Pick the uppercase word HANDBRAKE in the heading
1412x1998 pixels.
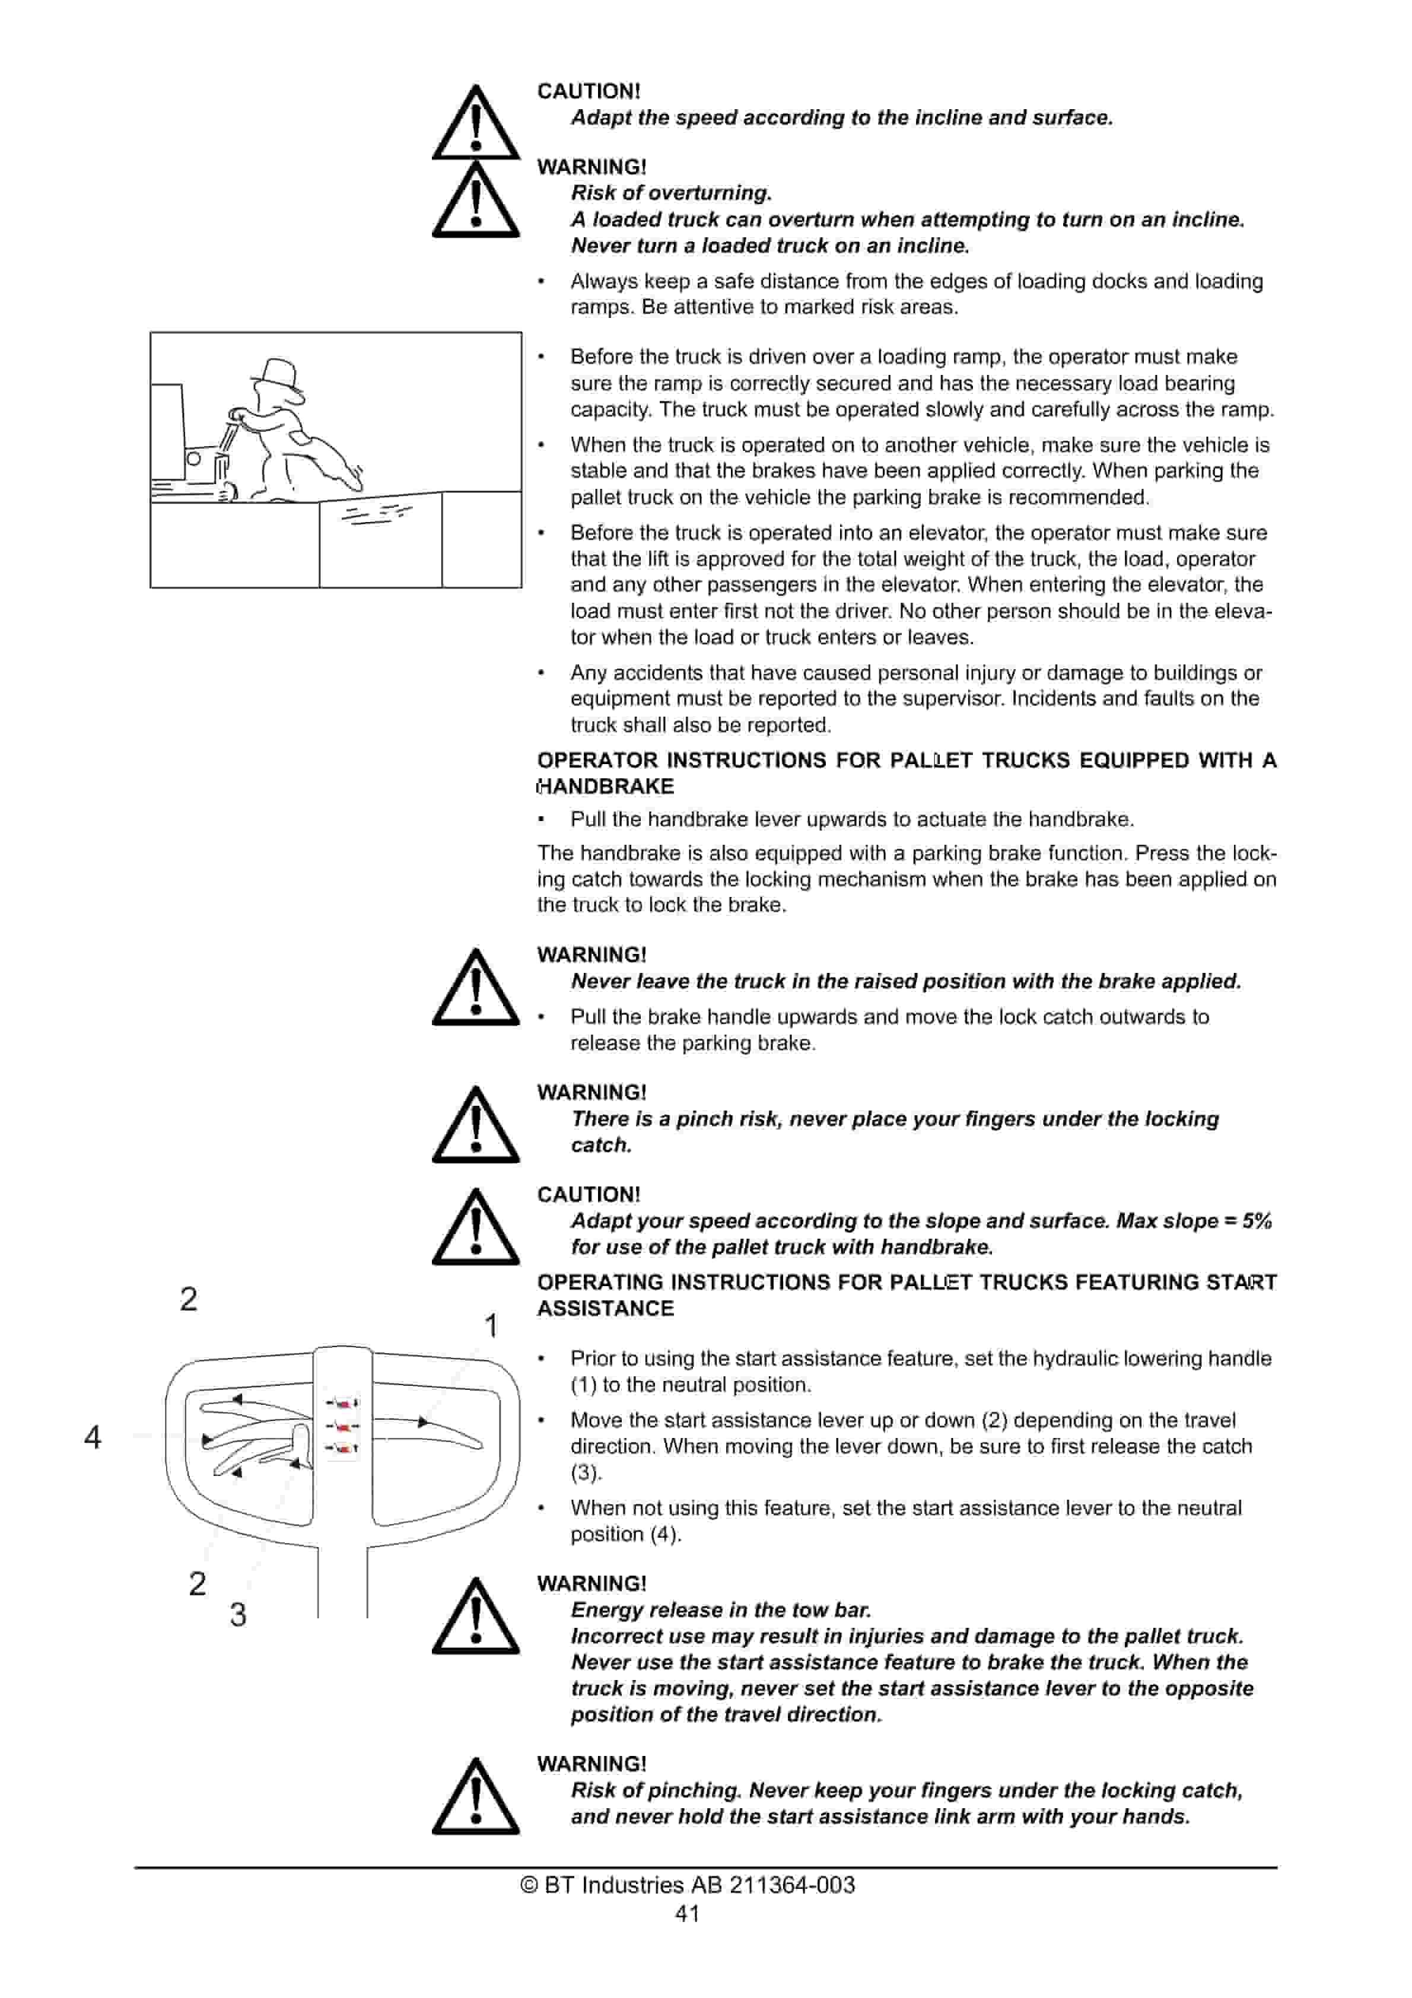pos(606,787)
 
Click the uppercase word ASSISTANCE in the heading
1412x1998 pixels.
pos(606,1309)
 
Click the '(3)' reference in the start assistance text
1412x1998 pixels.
pos(586,1473)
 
